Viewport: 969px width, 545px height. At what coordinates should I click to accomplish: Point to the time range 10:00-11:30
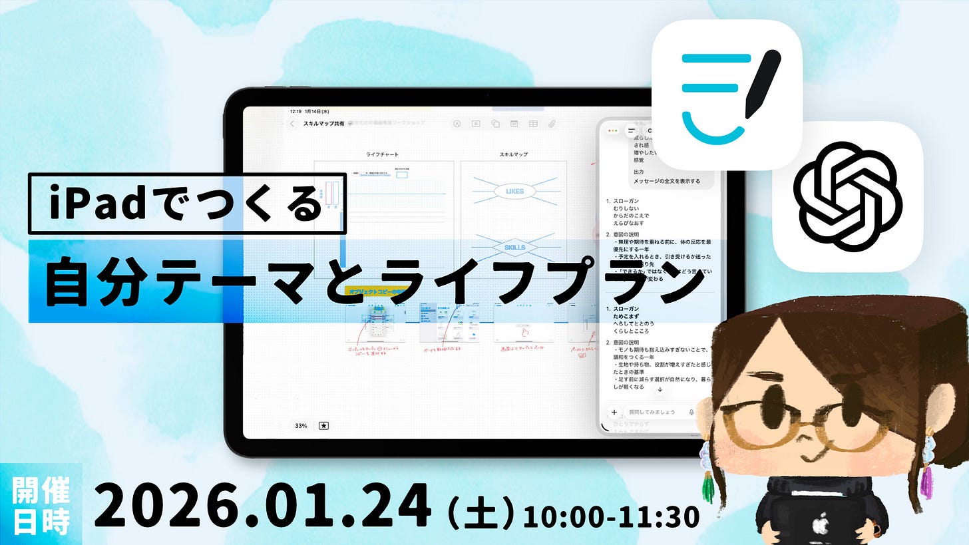[611, 516]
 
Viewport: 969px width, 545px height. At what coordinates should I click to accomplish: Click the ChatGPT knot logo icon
[848, 196]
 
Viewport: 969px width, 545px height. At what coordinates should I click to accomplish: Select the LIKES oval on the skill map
[514, 192]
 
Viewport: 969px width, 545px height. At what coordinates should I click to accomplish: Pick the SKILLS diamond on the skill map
[514, 248]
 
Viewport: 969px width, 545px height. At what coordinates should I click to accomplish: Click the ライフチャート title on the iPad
[383, 155]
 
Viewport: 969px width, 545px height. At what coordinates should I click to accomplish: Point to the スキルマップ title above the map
[514, 155]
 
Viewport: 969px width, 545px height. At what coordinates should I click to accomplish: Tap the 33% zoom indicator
[301, 425]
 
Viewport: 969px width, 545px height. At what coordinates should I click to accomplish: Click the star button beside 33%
[323, 425]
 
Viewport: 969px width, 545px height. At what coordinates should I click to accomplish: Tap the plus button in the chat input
[614, 412]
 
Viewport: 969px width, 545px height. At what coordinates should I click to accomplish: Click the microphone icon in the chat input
[692, 412]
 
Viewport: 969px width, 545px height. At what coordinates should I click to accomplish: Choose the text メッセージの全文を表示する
[666, 181]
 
